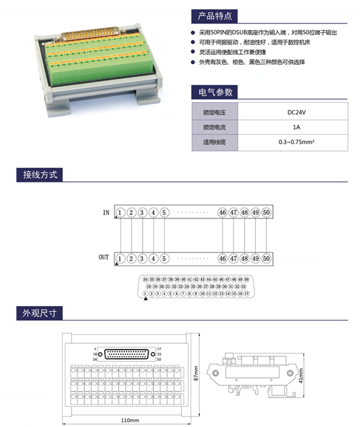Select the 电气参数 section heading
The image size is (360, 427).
(x=211, y=92)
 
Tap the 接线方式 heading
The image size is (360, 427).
(x=40, y=175)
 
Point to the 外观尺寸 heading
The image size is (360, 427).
(x=40, y=313)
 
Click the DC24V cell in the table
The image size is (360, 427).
(x=297, y=112)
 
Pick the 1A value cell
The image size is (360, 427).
(x=297, y=127)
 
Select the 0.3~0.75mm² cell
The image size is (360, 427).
(x=297, y=141)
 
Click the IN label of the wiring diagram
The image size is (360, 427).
(x=106, y=213)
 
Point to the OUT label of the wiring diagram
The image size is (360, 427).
(x=104, y=258)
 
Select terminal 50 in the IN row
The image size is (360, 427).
(x=266, y=213)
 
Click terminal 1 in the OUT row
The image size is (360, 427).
(x=121, y=258)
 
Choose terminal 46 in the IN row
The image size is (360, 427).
(x=223, y=213)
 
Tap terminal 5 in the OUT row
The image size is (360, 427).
(x=164, y=258)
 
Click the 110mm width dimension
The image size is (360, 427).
(x=130, y=419)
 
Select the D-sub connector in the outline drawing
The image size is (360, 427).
(x=128, y=354)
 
